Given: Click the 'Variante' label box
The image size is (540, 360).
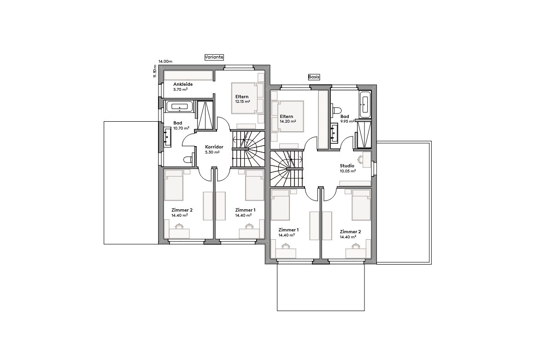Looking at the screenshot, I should (x=214, y=57).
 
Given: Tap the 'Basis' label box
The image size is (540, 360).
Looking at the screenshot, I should (x=314, y=77).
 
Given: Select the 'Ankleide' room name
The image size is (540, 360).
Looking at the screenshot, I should (x=183, y=84).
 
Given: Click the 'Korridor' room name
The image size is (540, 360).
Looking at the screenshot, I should (x=214, y=147).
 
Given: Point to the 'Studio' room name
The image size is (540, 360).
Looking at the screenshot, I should (x=347, y=165).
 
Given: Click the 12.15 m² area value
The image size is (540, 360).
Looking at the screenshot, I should (x=242, y=101).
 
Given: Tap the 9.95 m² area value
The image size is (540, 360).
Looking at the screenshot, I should (x=347, y=122).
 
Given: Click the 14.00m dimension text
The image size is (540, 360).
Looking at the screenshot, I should (x=165, y=61).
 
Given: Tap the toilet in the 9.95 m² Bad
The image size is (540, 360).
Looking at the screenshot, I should (x=336, y=111).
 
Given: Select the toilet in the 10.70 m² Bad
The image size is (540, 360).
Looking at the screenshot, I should (x=188, y=160).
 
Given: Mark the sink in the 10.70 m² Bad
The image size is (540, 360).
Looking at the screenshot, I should (x=167, y=136).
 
